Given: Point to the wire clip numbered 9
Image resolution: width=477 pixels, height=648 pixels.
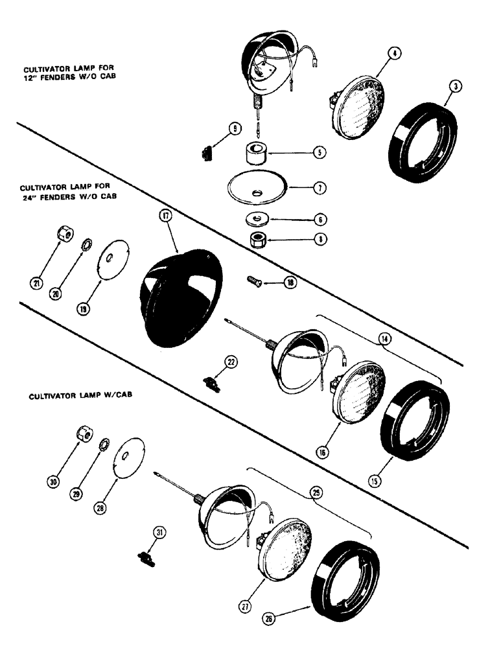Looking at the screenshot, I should point(205,153).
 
